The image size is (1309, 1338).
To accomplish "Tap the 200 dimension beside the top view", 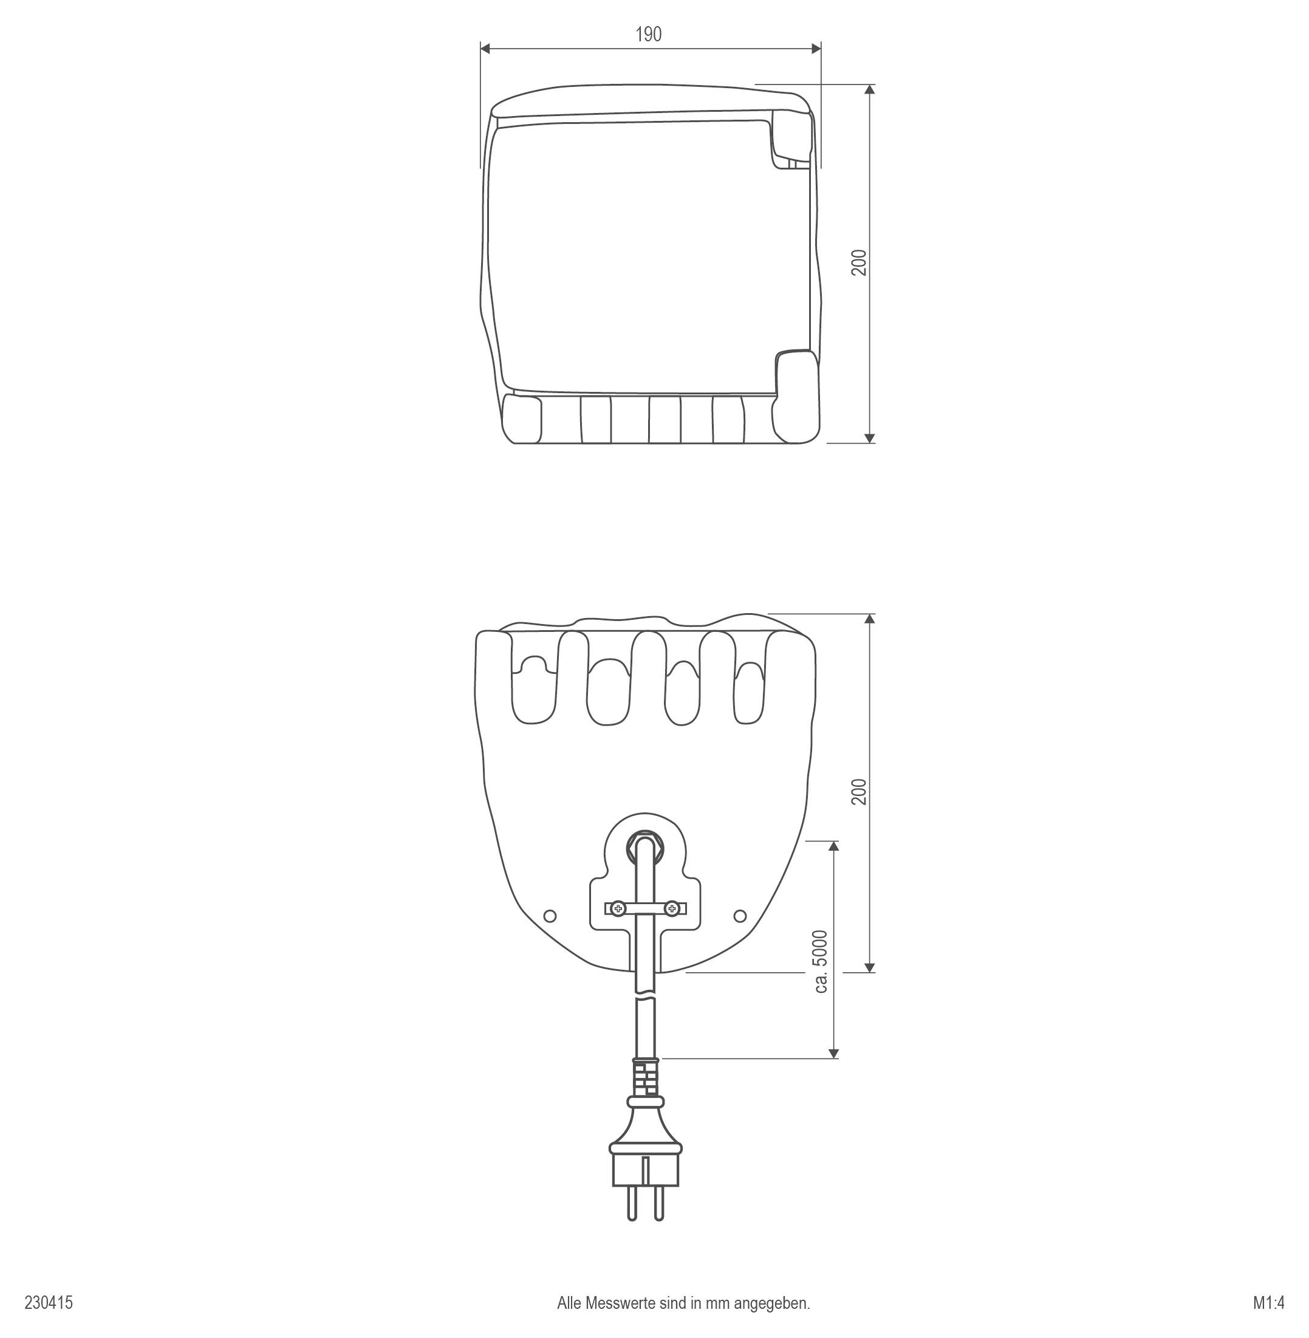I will pos(860,262).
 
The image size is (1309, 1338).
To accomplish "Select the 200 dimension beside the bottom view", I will pos(860,792).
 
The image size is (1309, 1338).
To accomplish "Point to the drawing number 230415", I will pos(49,1303).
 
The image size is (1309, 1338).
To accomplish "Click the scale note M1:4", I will pos(1268,1303).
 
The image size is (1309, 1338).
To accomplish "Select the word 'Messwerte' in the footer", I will pos(619,1303).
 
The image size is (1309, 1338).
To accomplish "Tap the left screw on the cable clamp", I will pos(619,909).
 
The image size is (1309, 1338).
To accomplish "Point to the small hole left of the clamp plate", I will pos(550,916).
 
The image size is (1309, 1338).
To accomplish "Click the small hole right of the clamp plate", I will pos(740,916).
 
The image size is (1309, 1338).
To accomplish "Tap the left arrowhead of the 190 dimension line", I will pos(485,48).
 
